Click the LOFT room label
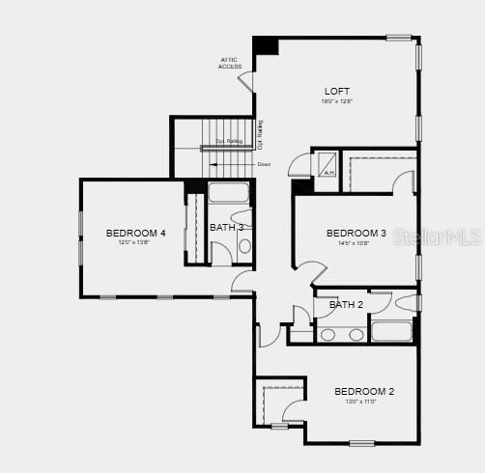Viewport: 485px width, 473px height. [x=336, y=92]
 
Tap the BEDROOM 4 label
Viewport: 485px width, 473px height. [x=135, y=233]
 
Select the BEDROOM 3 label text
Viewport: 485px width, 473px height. [x=356, y=233]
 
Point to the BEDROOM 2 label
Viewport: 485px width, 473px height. [x=364, y=391]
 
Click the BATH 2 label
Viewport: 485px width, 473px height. [x=345, y=305]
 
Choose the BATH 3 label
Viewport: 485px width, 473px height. [x=226, y=227]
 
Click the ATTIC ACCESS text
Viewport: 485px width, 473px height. [x=231, y=63]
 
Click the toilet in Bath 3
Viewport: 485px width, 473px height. [x=242, y=216]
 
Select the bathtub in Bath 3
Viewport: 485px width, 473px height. [x=229, y=191]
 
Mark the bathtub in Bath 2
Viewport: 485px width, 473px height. [x=391, y=332]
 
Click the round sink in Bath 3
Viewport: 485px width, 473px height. [x=244, y=247]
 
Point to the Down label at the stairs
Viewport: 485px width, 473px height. [x=264, y=164]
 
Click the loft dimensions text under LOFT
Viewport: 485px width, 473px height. [x=336, y=101]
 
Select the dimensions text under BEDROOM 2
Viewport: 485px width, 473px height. [x=361, y=401]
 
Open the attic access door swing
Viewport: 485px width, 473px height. [x=246, y=82]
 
